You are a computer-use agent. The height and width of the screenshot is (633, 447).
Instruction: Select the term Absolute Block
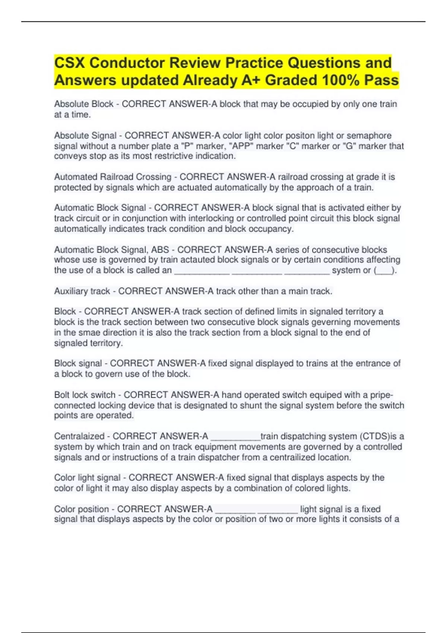84,104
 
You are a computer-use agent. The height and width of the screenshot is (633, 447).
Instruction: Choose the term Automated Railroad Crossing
113,177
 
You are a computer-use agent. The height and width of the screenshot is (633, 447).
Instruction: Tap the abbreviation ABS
160,249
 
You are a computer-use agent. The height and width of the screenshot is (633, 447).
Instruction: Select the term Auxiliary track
82,291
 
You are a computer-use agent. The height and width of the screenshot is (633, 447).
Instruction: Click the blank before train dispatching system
235,437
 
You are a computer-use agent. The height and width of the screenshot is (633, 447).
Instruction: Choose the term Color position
82,509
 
